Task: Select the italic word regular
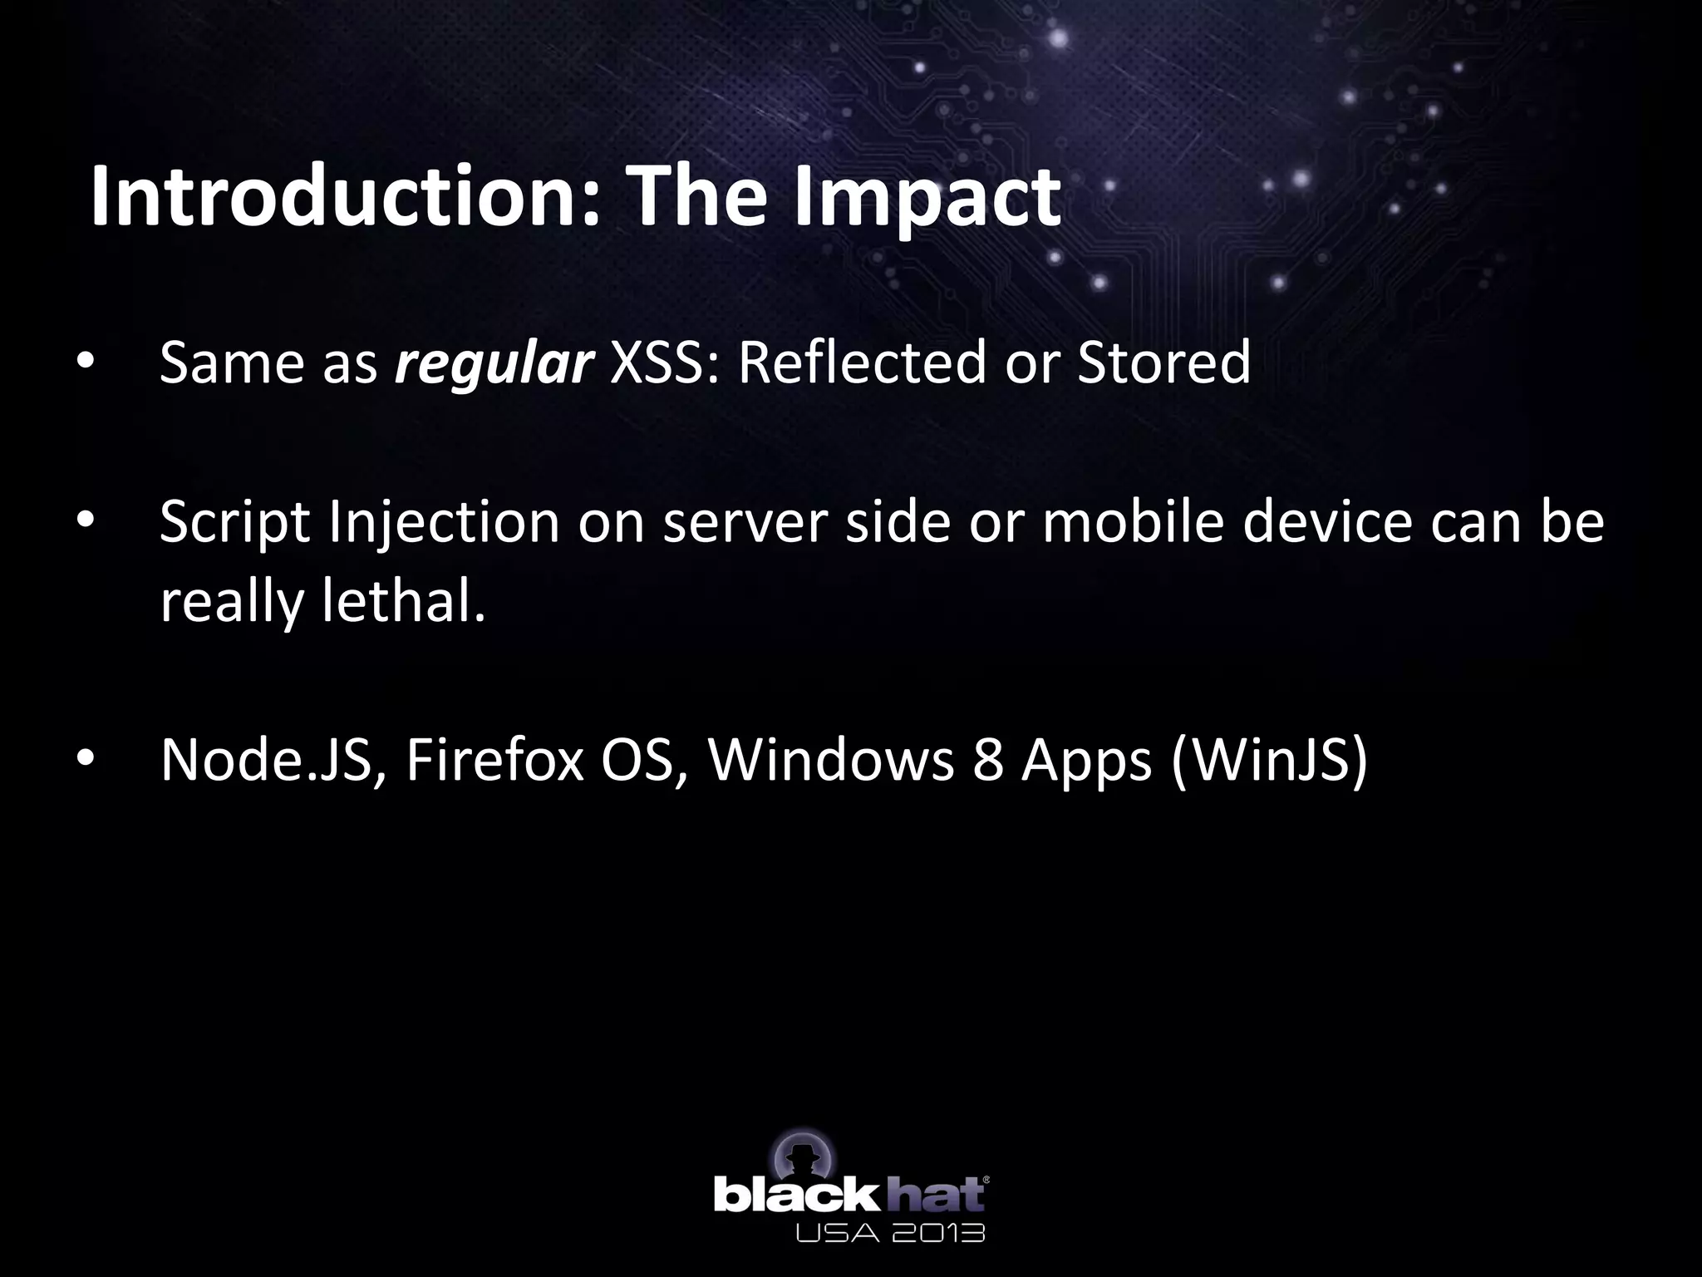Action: click(494, 362)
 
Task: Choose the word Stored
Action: click(1163, 362)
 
